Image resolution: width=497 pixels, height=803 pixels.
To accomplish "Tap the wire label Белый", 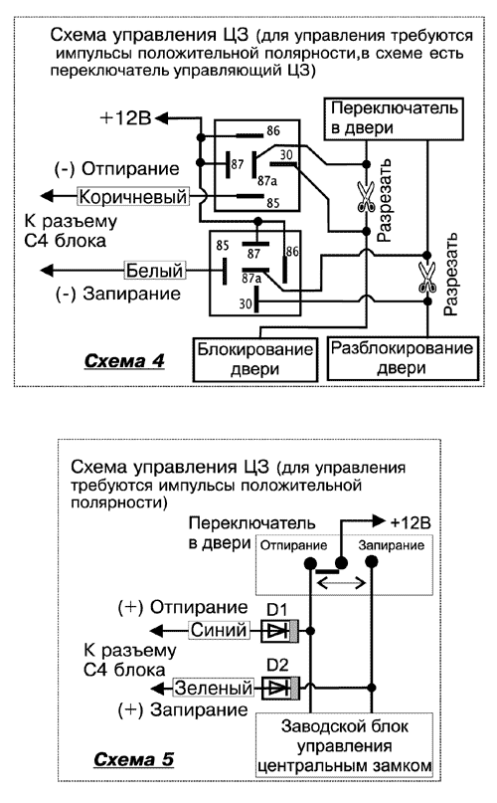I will coord(154,269).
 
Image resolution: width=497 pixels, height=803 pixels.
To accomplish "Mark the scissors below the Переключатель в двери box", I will coord(366,200).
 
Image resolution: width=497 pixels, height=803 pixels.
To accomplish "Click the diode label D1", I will coord(278,609).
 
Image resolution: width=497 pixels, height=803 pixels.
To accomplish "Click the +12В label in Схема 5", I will coord(410,521).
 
